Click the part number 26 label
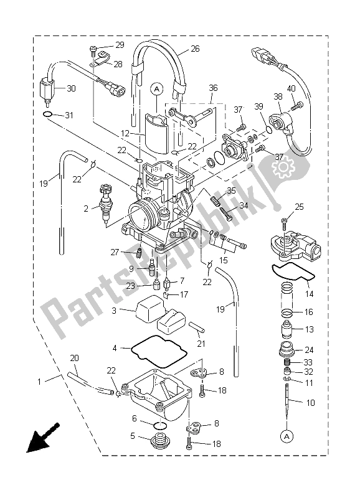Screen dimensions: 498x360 click(195, 49)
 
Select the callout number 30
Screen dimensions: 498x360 click(70, 89)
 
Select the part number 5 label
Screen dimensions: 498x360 click(132, 436)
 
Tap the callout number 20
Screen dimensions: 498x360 click(75, 358)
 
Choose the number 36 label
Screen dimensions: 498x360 click(213, 88)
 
